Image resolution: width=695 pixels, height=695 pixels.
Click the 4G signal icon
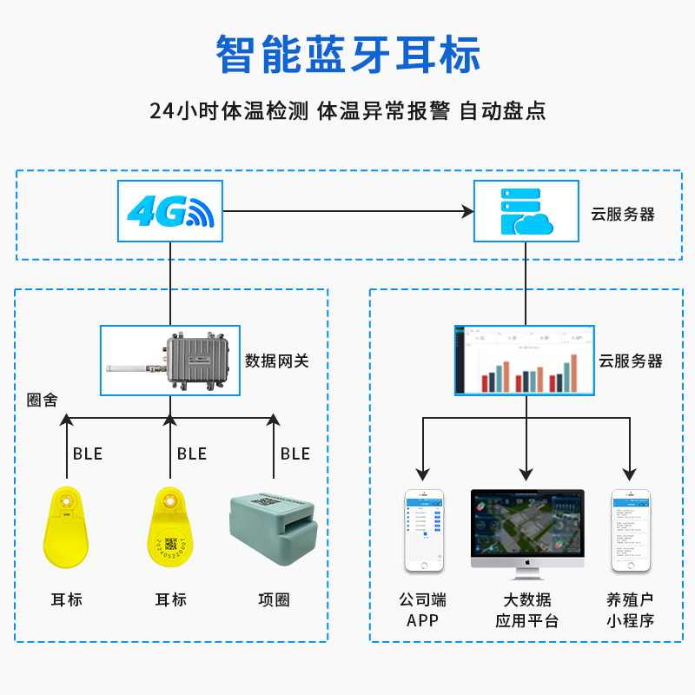tap(170, 211)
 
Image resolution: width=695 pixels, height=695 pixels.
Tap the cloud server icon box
tap(526, 211)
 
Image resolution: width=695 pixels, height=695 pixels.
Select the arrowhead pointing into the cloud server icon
tap(467, 211)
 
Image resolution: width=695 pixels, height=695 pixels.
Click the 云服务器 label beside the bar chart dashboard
tap(631, 361)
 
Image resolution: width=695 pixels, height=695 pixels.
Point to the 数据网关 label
tap(277, 361)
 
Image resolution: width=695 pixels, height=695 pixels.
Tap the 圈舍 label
tap(43, 400)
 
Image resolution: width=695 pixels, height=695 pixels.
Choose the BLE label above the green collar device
tap(295, 453)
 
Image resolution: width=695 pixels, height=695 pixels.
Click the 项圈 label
tap(274, 599)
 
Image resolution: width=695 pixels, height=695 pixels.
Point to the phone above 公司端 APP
tap(424, 530)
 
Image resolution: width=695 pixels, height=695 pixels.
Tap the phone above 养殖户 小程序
tap(631, 530)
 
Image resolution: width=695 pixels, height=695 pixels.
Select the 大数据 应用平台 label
tap(527, 610)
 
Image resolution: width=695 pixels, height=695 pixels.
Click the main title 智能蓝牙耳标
tap(347, 54)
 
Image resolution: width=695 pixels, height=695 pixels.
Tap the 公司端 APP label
tap(423, 610)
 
